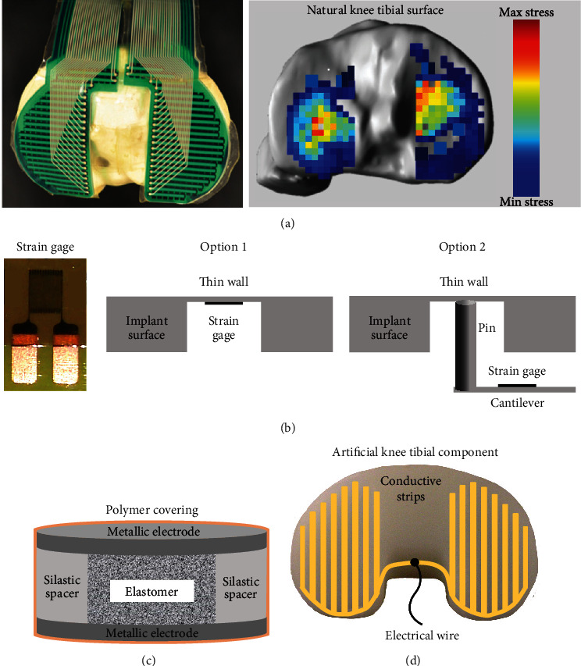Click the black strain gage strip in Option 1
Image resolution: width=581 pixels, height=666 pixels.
223,301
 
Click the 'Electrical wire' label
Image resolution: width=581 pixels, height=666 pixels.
421,636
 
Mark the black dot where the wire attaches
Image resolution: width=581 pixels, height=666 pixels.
421,562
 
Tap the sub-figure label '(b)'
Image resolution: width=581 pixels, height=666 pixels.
291,428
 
